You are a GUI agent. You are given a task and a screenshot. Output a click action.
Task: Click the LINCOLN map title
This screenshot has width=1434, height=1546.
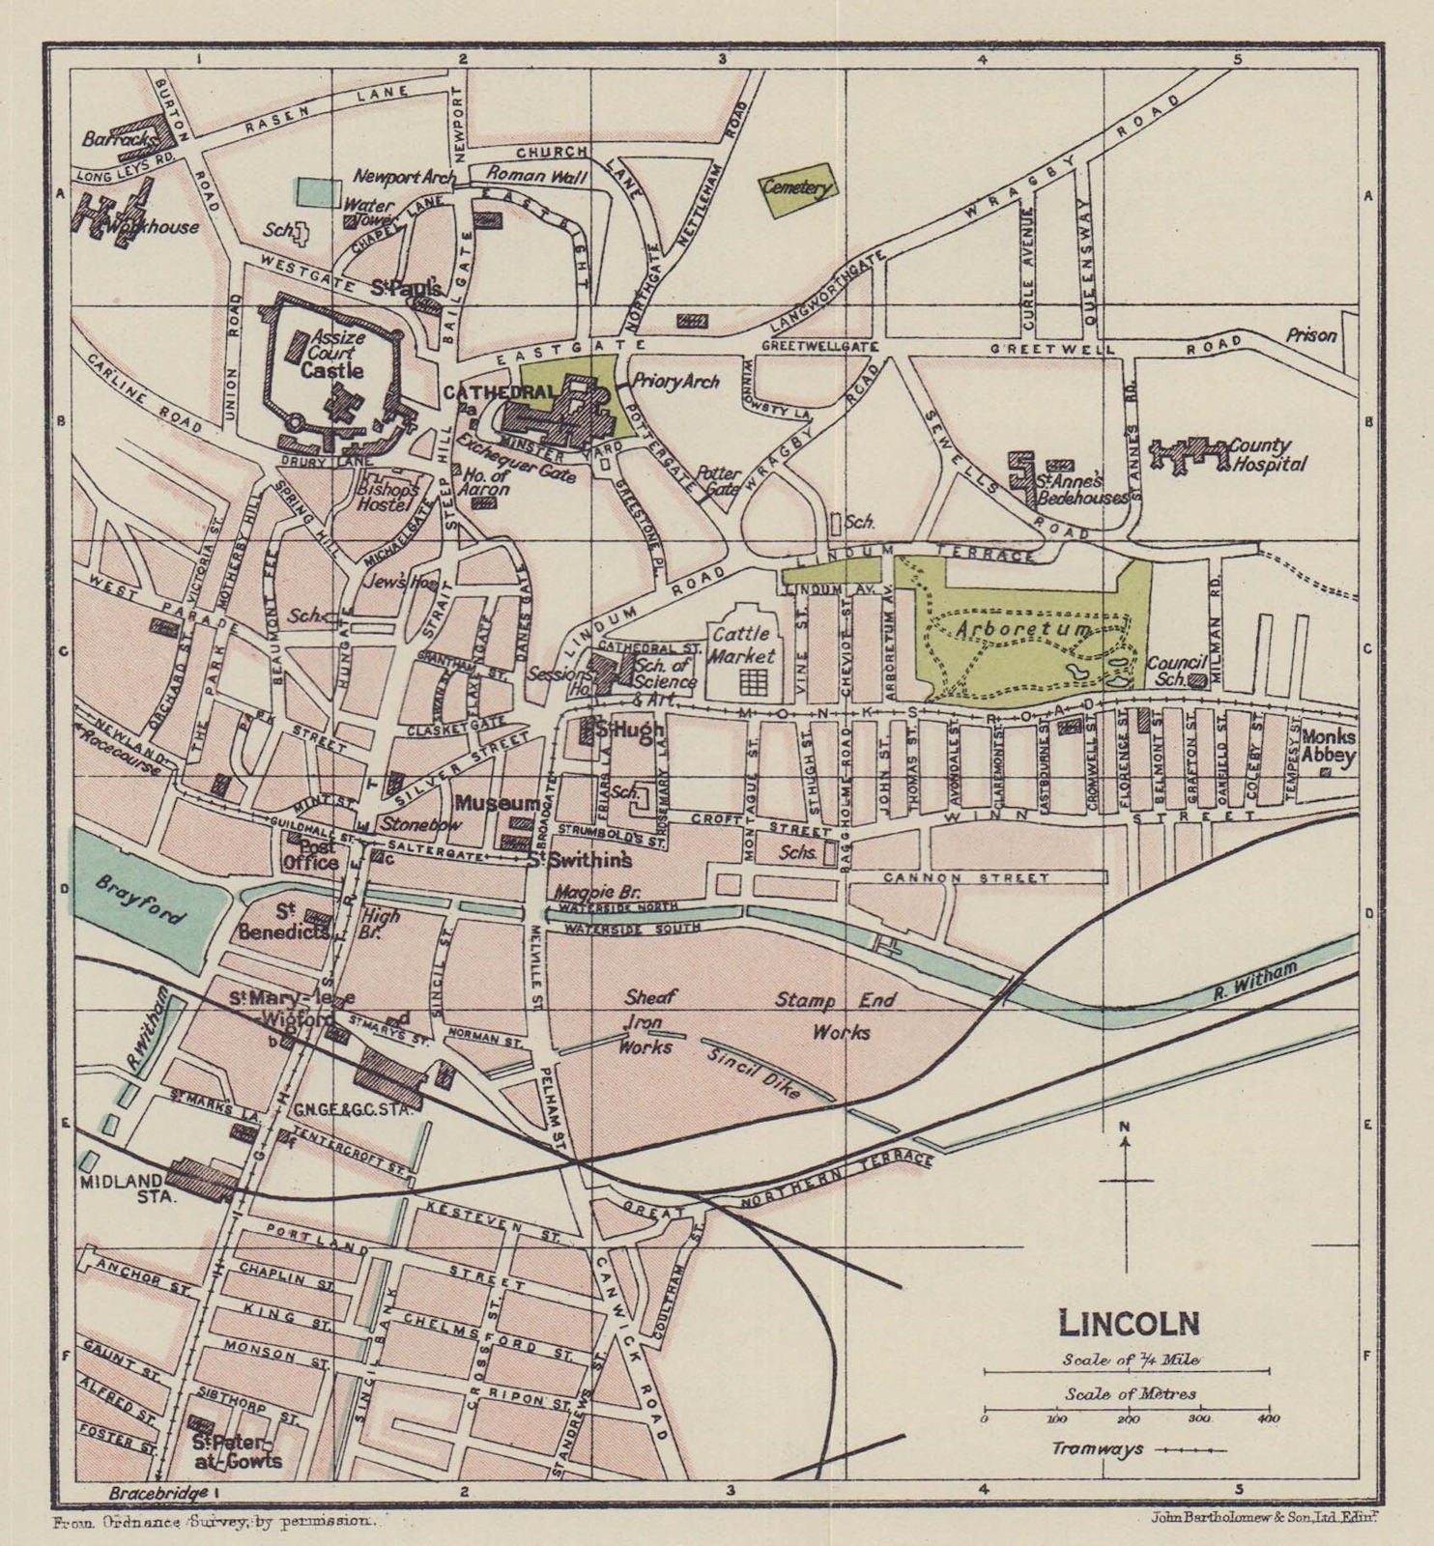[x=1129, y=1321]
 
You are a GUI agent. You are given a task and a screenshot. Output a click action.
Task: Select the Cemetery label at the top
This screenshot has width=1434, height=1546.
[x=796, y=187]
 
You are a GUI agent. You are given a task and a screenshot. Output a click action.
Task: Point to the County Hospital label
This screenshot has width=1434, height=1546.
[x=1266, y=454]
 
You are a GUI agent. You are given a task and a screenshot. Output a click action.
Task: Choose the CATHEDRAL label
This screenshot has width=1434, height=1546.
[x=500, y=392]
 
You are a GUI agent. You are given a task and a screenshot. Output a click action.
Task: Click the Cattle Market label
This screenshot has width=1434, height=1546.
[x=742, y=644]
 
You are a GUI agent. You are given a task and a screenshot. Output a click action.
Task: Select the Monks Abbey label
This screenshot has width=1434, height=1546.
[x=1328, y=746]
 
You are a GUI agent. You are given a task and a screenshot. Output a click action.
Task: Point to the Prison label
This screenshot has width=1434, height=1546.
[x=1311, y=335]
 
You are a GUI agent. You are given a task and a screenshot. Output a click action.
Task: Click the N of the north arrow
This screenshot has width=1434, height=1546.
[x=1125, y=1127]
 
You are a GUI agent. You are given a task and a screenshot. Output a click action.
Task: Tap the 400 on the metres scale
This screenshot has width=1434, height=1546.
[x=1268, y=1419]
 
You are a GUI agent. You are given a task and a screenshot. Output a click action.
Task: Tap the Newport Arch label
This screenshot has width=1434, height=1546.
[x=404, y=177]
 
